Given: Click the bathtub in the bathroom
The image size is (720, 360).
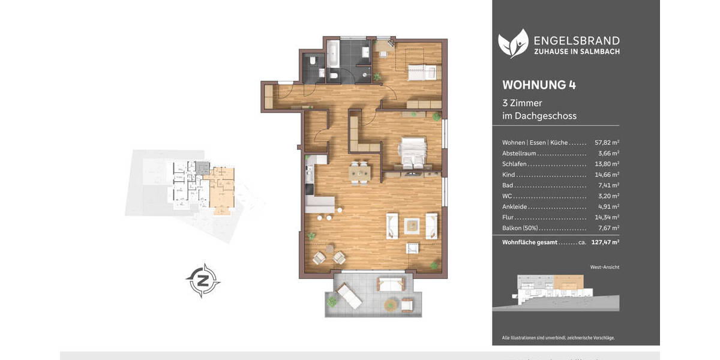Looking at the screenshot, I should click(x=333, y=59).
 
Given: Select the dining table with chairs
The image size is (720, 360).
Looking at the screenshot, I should click(x=360, y=172).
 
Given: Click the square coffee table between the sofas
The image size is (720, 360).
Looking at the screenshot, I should click(x=411, y=226).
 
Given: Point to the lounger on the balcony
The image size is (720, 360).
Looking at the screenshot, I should click(x=348, y=295).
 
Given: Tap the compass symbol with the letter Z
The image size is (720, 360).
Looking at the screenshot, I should click(x=203, y=280).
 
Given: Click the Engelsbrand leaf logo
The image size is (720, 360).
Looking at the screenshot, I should click(x=513, y=43).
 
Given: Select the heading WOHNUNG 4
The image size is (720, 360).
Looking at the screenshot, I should click(x=539, y=85).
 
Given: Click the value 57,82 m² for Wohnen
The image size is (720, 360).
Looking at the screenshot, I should click(x=607, y=143).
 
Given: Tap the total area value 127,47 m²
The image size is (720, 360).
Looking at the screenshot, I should click(x=605, y=242).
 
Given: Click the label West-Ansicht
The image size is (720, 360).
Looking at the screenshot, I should click(x=604, y=267).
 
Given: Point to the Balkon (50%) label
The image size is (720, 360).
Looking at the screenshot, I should click(x=520, y=228).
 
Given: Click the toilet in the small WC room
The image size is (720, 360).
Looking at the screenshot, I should click(x=312, y=60).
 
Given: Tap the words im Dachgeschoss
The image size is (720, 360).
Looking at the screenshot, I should click(x=539, y=116).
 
